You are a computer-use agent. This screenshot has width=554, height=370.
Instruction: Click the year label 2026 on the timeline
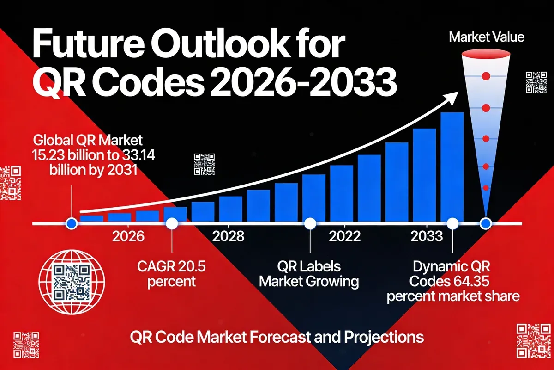point(128,236)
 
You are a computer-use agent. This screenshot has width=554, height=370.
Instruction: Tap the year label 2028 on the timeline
point(228,236)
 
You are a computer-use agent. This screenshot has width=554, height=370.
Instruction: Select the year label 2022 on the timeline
point(344,236)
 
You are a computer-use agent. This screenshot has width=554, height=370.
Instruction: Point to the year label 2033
point(427,236)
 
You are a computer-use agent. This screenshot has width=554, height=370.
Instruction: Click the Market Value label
point(487,37)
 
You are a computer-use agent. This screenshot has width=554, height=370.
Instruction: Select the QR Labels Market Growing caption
point(309,273)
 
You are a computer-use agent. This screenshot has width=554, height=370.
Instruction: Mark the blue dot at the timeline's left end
point(71,224)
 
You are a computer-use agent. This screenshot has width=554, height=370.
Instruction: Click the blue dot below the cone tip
point(485,224)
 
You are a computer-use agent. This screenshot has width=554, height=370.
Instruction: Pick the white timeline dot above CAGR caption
point(171,224)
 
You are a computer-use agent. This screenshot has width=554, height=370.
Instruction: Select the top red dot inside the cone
point(485,76)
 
